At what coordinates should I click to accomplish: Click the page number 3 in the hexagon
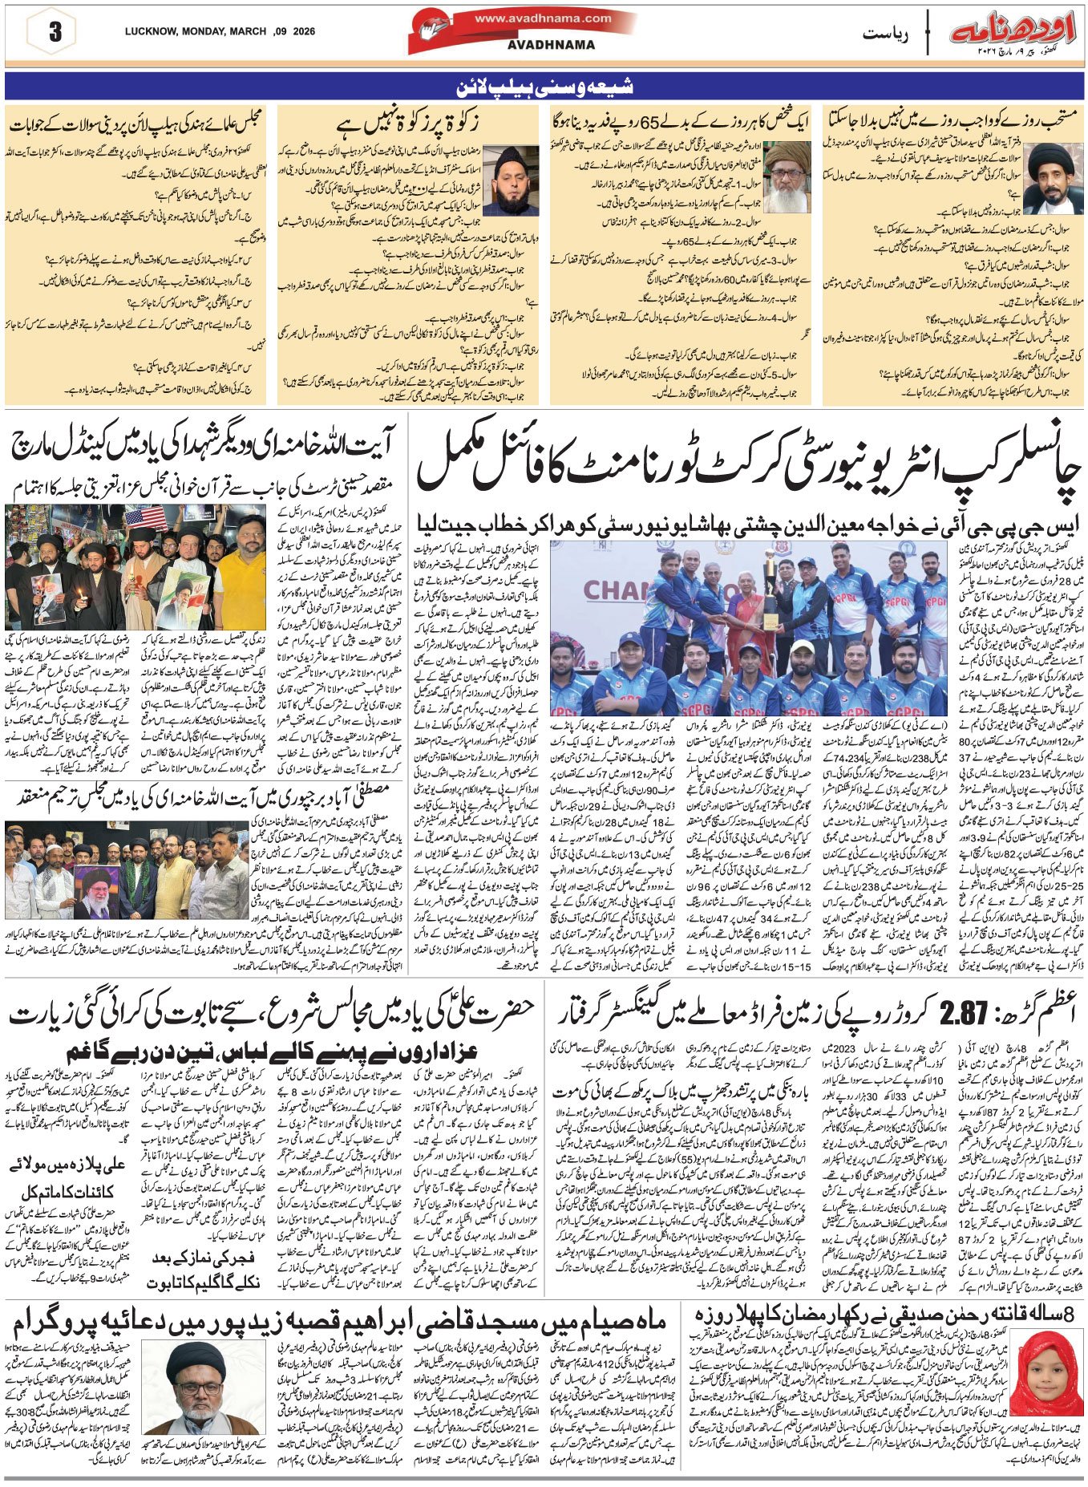coord(55,33)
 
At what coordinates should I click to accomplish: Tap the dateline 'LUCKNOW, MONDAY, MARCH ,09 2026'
coord(220,32)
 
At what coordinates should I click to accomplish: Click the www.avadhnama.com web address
coord(543,18)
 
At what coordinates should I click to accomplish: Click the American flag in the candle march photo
coord(145,519)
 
